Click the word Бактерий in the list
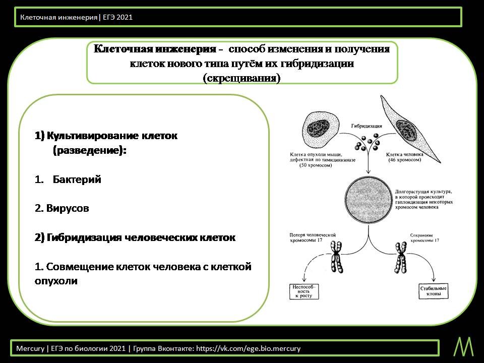pos(77,179)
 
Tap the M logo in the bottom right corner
pos(464,346)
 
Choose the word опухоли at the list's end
pos(56,281)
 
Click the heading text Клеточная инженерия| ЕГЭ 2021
pos(76,17)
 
